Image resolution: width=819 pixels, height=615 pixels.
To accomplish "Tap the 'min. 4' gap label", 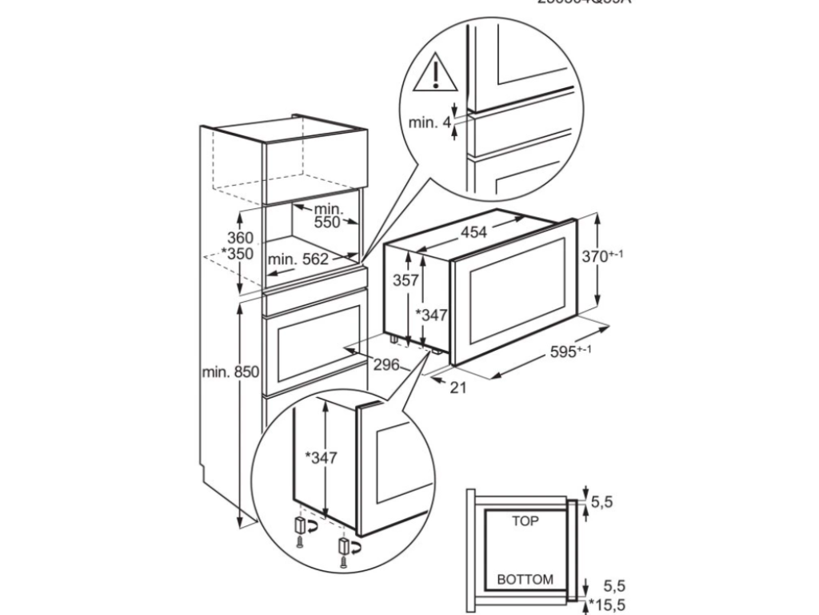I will tap(429, 123).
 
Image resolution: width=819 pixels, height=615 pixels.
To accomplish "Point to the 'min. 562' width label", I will tap(298, 259).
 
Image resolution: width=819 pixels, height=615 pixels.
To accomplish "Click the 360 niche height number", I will tap(239, 238).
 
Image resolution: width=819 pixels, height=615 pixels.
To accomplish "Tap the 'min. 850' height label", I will tap(230, 372).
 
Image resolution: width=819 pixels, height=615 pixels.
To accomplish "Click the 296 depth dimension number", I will tap(386, 365).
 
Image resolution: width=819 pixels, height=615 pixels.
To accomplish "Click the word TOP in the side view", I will tap(525, 521).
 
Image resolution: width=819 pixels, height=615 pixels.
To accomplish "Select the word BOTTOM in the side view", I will tap(525, 579).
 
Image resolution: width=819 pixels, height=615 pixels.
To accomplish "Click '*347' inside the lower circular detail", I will tap(321, 459).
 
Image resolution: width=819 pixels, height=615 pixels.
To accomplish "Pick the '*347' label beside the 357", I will tap(431, 316).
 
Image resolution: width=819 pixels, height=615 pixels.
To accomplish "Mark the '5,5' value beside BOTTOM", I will tap(606, 585).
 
